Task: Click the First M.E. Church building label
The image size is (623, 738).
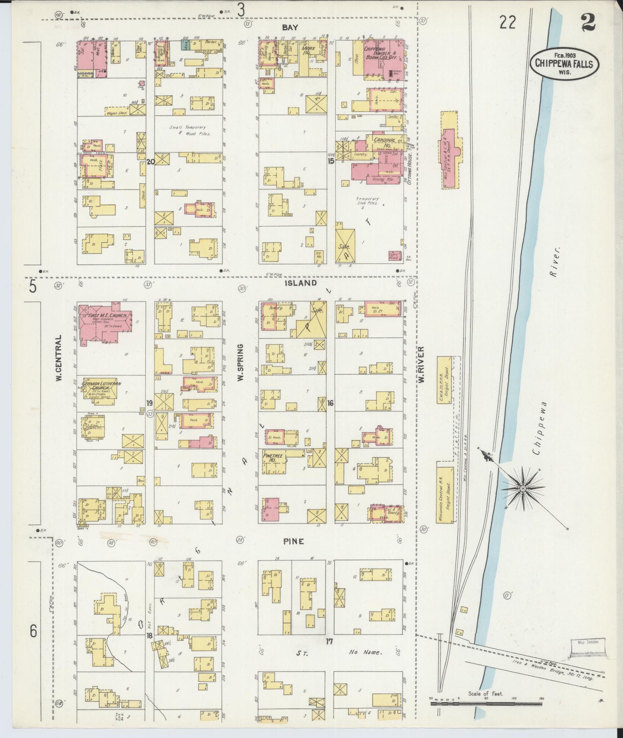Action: pos(105,316)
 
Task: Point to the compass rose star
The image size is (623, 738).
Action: pos(522,488)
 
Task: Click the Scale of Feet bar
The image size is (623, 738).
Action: pos(486,703)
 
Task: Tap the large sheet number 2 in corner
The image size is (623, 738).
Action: pos(588,21)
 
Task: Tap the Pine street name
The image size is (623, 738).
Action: pos(294,541)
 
